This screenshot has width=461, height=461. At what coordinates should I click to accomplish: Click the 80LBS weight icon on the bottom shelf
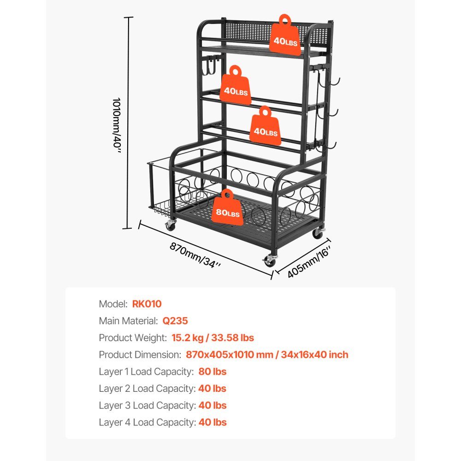tap(228, 208)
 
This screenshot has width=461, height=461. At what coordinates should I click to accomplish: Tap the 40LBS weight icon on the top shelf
tap(285, 36)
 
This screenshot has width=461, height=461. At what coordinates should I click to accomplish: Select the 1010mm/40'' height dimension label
tap(117, 125)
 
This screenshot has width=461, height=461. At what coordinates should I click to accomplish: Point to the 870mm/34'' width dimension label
tap(195, 255)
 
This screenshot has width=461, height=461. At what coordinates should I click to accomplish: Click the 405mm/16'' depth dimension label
tap(309, 262)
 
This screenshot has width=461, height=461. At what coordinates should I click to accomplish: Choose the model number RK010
tap(147, 304)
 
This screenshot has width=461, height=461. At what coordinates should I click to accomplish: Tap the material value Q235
tap(175, 321)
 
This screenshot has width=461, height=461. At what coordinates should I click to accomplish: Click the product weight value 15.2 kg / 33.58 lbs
tap(213, 338)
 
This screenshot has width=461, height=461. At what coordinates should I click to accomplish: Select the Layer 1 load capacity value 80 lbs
tap(212, 372)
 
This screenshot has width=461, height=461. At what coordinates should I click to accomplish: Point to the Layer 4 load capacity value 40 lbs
tap(213, 422)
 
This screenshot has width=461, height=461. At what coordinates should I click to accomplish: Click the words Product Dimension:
tap(140, 355)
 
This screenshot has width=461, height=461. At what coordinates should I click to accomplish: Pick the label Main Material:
tap(129, 321)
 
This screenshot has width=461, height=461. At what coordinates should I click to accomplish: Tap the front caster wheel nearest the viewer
tap(270, 260)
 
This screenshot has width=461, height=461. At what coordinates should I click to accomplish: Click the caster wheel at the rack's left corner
tap(170, 225)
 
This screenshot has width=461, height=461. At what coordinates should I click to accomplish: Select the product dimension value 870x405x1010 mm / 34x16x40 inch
tap(267, 355)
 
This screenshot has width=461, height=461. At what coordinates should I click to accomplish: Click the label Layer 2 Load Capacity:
tap(148, 389)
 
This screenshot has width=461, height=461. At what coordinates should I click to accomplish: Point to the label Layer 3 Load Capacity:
tap(148, 405)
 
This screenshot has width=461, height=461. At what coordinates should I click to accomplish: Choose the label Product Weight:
tap(133, 338)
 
